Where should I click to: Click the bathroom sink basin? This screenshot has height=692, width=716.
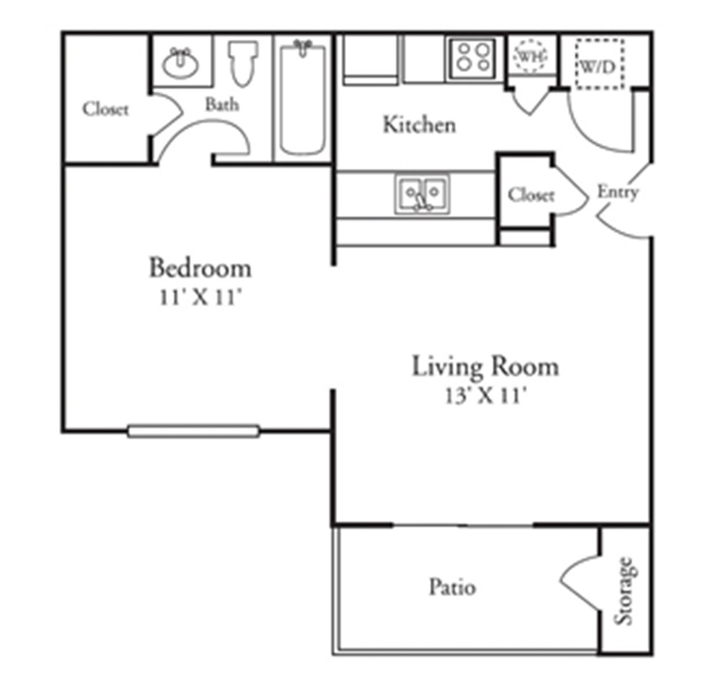(x=180, y=63)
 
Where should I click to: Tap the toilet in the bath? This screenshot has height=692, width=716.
(x=243, y=63)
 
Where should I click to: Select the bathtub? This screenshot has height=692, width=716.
(x=303, y=99)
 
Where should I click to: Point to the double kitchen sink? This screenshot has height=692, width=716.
(x=422, y=194)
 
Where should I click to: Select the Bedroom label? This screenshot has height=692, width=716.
(x=200, y=267)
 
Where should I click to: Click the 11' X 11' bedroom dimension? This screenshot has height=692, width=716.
(x=201, y=297)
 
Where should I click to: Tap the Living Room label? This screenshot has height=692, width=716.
(x=485, y=366)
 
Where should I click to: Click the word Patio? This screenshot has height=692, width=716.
(x=452, y=587)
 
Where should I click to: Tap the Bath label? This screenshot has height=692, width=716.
(x=222, y=104)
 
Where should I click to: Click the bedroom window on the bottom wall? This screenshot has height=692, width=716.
(x=193, y=431)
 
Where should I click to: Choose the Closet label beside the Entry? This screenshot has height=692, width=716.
(x=531, y=194)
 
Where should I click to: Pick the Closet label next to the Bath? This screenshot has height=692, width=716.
(x=106, y=109)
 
